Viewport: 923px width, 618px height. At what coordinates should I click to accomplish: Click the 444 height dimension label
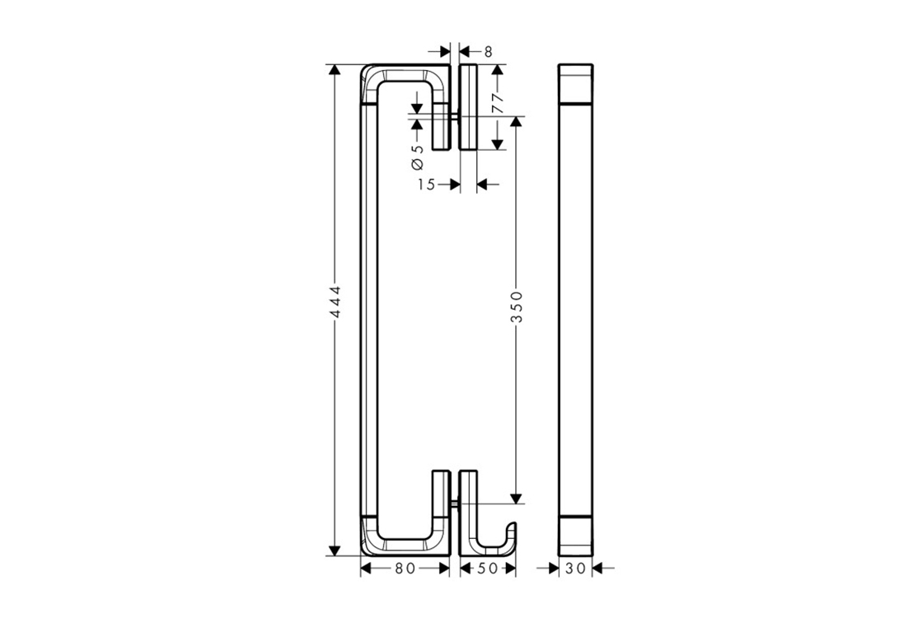pyautogui.click(x=335, y=302)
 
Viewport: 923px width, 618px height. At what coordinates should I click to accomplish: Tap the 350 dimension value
pyautogui.click(x=516, y=307)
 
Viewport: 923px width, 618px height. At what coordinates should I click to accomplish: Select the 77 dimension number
pyautogui.click(x=498, y=103)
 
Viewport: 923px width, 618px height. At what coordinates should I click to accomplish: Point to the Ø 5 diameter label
pyautogui.click(x=417, y=156)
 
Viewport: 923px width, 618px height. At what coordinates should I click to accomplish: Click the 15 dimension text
pyautogui.click(x=426, y=185)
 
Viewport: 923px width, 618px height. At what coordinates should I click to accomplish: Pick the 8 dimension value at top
pyautogui.click(x=488, y=52)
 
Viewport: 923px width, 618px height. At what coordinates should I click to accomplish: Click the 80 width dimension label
pyautogui.click(x=405, y=568)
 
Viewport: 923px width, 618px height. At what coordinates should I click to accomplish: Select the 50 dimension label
pyautogui.click(x=488, y=568)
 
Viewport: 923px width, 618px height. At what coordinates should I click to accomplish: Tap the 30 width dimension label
pyautogui.click(x=576, y=568)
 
